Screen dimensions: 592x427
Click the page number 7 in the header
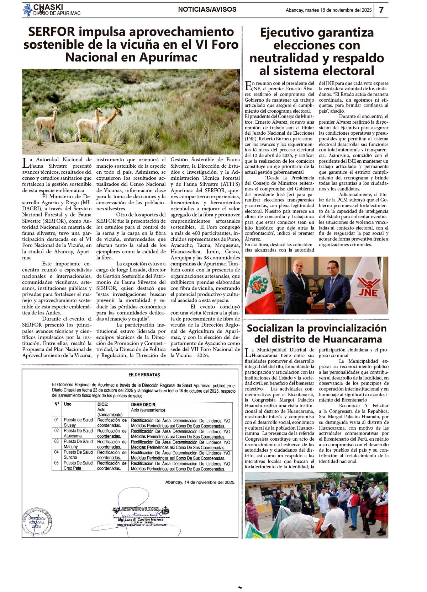381,10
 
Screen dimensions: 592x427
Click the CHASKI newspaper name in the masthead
48,7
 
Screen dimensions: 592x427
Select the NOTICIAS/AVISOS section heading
207,10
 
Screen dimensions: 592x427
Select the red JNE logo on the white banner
369,287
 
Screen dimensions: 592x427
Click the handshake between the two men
311,300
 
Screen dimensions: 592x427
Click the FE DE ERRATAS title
144,375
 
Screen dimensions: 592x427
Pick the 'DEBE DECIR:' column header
144,404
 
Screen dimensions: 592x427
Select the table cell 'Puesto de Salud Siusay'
78,423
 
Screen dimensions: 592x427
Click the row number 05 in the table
57,463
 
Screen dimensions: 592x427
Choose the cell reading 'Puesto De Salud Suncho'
78,455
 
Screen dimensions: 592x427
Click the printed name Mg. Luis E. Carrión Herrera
141,520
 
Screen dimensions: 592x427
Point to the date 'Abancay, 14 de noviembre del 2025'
200,482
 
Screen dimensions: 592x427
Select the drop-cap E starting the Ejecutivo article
248,86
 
